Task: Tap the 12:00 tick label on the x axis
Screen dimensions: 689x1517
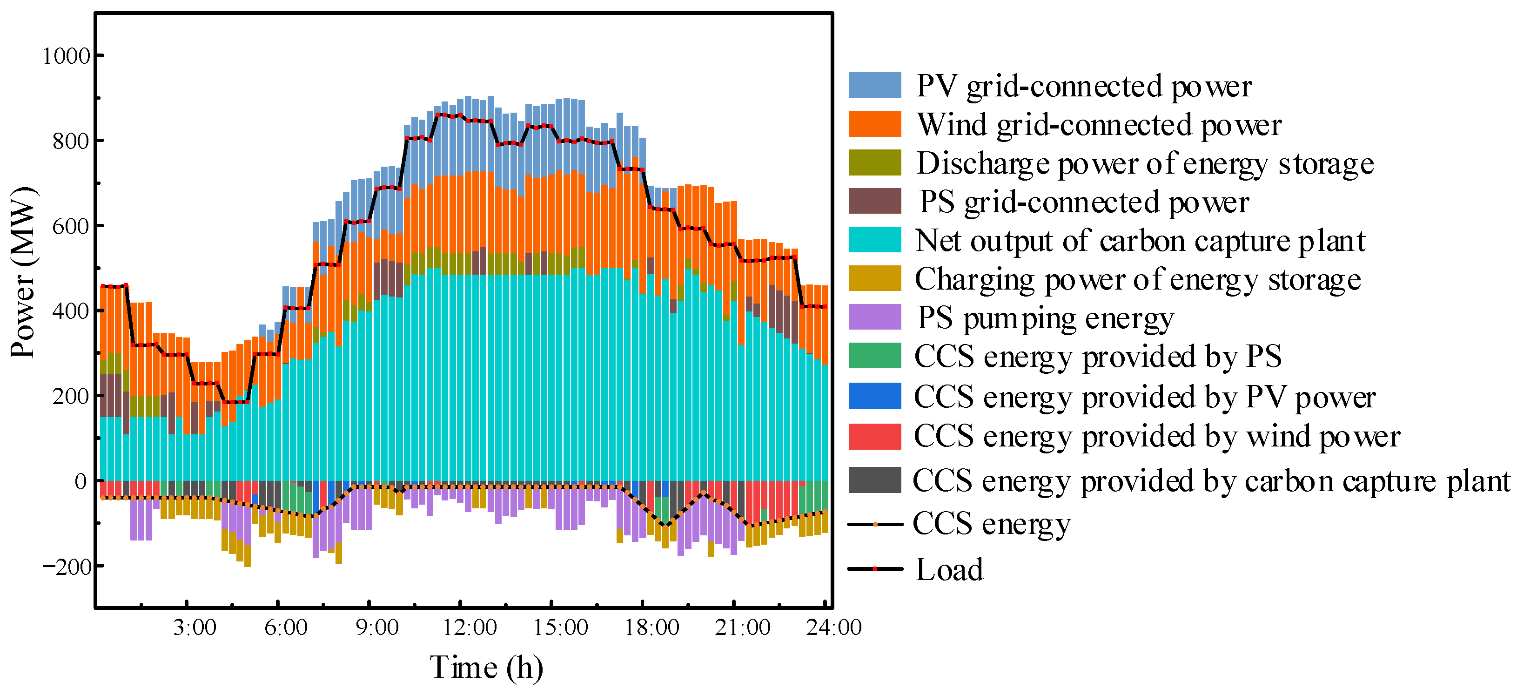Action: [470, 627]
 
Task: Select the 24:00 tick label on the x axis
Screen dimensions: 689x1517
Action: [834, 627]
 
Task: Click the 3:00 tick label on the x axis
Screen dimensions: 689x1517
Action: [195, 627]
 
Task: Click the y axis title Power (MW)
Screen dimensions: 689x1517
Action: [24, 272]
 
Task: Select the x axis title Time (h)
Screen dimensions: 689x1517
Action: [486, 668]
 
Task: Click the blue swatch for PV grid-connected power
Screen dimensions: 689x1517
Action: [874, 86]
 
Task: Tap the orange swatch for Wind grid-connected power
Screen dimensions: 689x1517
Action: [874, 124]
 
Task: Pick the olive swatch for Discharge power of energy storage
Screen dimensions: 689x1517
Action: [874, 162]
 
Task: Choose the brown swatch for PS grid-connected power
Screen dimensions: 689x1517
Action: [874, 201]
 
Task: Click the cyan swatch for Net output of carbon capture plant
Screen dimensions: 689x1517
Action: [874, 240]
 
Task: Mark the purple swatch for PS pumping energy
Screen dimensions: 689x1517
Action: [874, 317]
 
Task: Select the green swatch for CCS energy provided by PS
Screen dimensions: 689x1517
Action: [874, 355]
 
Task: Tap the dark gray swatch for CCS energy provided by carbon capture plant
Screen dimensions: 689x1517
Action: [874, 480]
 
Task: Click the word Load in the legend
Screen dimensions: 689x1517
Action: [949, 569]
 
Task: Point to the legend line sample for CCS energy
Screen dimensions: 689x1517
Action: [874, 524]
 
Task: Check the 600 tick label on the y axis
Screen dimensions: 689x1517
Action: [71, 226]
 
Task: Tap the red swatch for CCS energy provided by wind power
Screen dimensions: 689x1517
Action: [874, 437]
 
